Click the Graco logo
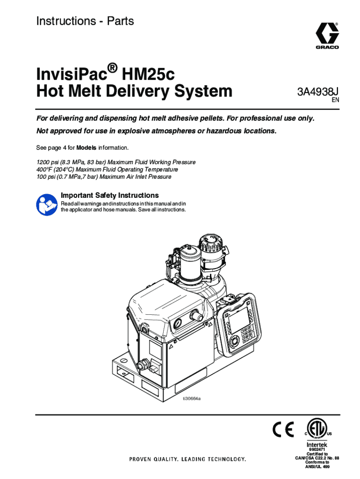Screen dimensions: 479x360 pos(326,34)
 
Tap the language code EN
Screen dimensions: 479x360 pos(335,100)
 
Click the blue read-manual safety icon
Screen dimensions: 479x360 pos(47,204)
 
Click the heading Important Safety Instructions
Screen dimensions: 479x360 pos(110,195)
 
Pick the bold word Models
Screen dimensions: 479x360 pos(86,148)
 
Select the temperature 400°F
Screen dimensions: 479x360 pos(44,169)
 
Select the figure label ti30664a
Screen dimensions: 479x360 pos(191,399)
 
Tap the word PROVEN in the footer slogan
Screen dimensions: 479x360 pos(141,459)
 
